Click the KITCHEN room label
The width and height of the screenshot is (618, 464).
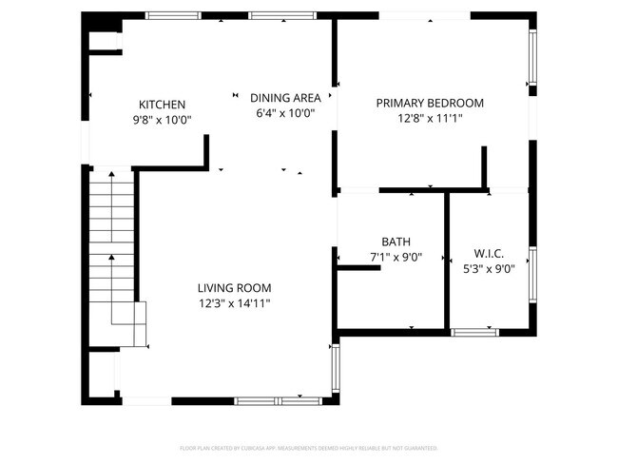162,105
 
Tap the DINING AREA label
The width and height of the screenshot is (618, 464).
285,98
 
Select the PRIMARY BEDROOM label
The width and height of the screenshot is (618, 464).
430,104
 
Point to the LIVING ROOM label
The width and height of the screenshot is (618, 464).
234,288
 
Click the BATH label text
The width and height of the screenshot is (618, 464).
396,242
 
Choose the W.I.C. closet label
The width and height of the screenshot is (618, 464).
488,254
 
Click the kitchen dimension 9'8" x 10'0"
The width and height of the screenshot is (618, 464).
162,120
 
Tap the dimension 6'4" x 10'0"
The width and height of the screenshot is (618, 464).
285,113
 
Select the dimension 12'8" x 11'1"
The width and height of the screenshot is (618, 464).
430,119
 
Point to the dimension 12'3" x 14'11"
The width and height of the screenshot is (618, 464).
234,303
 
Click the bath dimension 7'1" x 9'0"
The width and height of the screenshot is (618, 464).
396,257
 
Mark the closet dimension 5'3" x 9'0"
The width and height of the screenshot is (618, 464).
488,269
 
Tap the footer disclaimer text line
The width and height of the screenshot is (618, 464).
308,448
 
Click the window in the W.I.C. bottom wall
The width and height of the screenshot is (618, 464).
473,332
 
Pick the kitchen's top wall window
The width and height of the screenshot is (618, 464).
166,15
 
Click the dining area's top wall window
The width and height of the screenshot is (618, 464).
269,15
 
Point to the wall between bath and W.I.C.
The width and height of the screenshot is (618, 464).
447,261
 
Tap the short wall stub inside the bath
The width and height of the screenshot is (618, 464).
359,268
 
